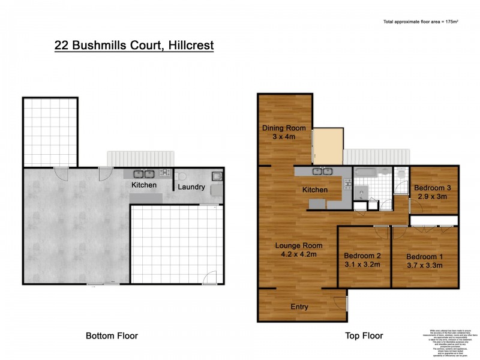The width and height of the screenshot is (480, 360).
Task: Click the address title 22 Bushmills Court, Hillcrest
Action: click(134, 45)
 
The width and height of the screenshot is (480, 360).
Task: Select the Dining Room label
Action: click(284, 128)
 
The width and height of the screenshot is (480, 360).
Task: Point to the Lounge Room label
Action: click(299, 245)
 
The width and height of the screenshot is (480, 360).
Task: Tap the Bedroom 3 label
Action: click(432, 187)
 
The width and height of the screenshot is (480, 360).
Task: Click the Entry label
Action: click(299, 307)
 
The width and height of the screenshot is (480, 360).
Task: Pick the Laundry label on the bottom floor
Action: click(191, 187)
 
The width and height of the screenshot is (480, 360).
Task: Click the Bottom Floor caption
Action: click(112, 336)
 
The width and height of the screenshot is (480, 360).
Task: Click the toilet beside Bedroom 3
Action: click(401, 175)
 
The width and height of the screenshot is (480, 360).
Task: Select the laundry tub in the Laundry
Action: click(216, 177)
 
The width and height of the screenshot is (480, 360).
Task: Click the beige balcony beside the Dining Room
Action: click(328, 145)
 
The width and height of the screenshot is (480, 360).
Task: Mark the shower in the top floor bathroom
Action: click(361, 192)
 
